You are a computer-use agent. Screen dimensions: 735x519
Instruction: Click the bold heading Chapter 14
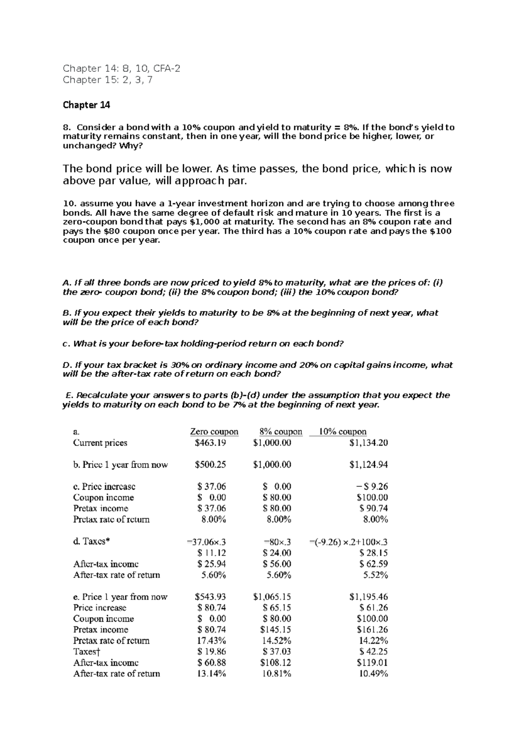click(x=86, y=105)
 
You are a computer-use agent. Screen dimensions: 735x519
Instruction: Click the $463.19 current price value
click(x=210, y=443)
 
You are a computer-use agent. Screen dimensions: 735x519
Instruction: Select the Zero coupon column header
click(x=214, y=432)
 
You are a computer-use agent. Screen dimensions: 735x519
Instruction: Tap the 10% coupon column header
click(x=343, y=432)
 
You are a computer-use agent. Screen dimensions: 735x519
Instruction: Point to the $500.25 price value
click(x=210, y=465)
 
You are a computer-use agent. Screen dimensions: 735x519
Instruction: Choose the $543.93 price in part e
click(x=210, y=597)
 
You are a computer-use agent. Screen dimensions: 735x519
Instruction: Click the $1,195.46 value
click(x=368, y=597)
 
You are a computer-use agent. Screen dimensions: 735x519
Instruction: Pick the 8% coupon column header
click(x=281, y=432)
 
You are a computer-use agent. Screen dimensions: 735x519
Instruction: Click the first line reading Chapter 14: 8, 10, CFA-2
click(x=122, y=68)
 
